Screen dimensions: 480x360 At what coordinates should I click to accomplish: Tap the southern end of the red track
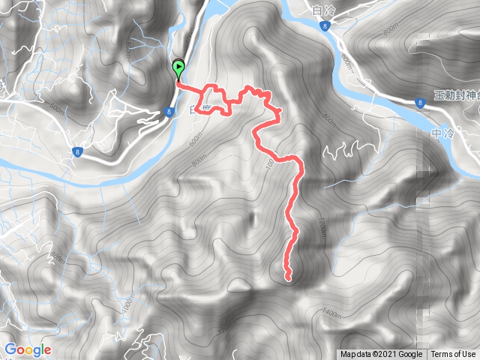point(288,279)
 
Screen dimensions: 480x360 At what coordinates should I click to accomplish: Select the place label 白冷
point(321,10)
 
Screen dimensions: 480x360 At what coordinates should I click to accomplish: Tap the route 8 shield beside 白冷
point(323,26)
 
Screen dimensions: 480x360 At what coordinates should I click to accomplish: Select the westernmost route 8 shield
point(78,152)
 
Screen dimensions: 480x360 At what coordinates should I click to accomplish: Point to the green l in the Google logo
point(40,349)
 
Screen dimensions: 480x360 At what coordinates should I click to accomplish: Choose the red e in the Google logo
point(46,350)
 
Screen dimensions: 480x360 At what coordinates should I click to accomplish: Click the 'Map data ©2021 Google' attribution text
point(380,355)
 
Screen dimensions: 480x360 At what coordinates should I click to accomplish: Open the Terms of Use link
point(452,355)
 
